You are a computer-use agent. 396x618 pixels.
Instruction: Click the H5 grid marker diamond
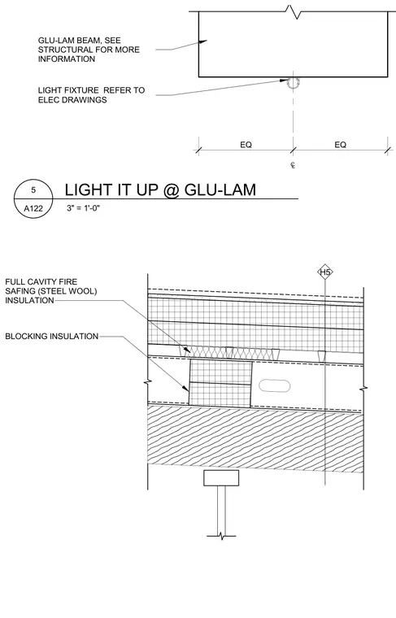[x=325, y=272]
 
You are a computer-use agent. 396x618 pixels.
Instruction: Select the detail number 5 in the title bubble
[x=33, y=190]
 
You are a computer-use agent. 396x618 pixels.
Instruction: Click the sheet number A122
[x=33, y=208]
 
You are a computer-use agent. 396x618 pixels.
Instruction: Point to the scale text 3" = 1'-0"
[x=83, y=208]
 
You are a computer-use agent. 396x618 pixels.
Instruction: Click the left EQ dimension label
[x=246, y=145]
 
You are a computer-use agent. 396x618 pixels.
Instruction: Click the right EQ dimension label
[x=341, y=145]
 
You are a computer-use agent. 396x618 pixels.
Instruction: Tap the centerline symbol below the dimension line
[x=293, y=165]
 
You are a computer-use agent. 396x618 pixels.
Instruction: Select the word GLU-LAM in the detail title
[x=220, y=190]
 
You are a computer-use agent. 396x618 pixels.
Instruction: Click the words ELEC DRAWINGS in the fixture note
[x=72, y=100]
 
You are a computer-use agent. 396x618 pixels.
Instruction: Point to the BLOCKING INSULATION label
[x=51, y=336]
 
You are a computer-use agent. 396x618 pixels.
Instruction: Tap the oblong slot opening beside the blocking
[x=275, y=386]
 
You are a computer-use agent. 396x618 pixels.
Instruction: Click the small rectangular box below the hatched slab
[x=221, y=478]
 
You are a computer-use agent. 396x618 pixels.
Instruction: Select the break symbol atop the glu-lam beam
[x=294, y=11]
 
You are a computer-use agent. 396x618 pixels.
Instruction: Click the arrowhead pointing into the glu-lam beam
[x=203, y=41]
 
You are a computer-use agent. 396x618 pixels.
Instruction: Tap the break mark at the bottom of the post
[x=221, y=536]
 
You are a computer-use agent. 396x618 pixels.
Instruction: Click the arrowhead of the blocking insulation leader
[x=185, y=388]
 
